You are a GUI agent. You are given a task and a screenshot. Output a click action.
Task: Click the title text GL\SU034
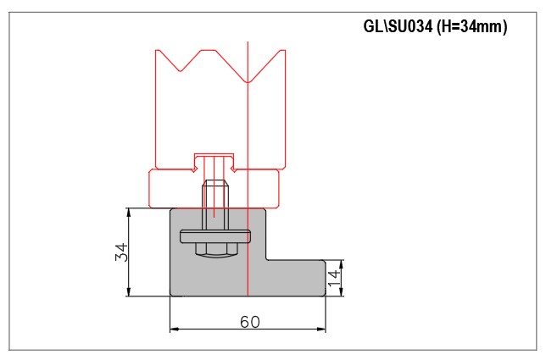[x=398, y=26]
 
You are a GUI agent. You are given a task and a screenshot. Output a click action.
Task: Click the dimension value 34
[x=121, y=252]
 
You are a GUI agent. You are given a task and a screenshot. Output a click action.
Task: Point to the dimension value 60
[x=249, y=322]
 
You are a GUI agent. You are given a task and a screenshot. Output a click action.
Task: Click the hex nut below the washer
[x=216, y=248]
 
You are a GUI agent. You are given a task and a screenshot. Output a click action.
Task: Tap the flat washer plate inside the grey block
[x=215, y=236]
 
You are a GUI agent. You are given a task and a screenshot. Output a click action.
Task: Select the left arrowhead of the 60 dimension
[x=174, y=329]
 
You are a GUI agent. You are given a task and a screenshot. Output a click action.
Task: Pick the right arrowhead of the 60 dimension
[x=321, y=329]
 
